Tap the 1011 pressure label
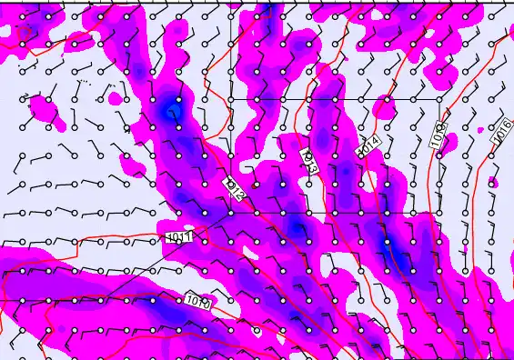pyautogui.click(x=179, y=237)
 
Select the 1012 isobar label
pyautogui.click(x=234, y=188)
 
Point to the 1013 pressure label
pyautogui.click(x=308, y=163)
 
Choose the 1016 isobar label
pyautogui.click(x=501, y=131)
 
